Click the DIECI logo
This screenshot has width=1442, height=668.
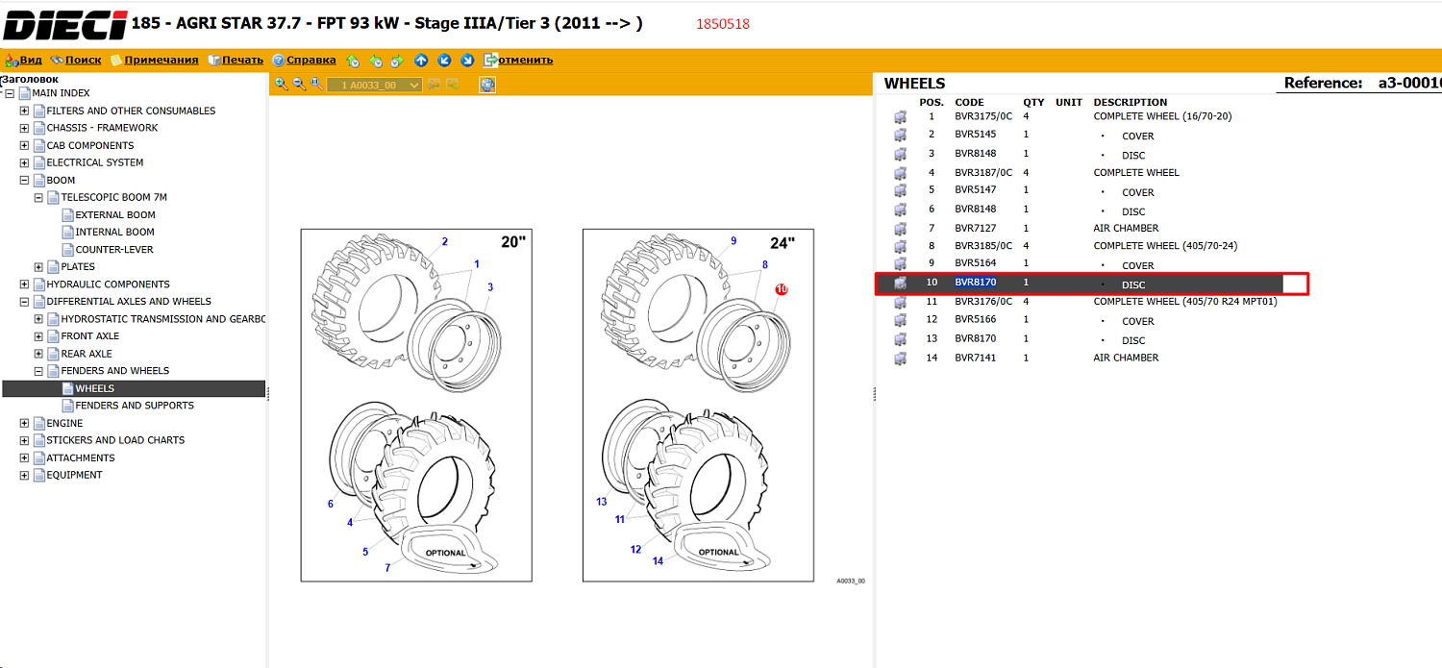point(65,25)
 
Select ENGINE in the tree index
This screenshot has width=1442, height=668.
point(64,423)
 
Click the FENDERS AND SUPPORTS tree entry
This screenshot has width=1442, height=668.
point(135,406)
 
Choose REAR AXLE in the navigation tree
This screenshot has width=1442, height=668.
point(87,354)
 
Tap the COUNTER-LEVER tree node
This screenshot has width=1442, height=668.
point(114,249)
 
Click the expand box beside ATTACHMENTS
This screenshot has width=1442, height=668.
point(24,458)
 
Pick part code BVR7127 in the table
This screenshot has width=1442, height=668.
point(976,228)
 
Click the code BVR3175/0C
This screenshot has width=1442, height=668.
point(983,116)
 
